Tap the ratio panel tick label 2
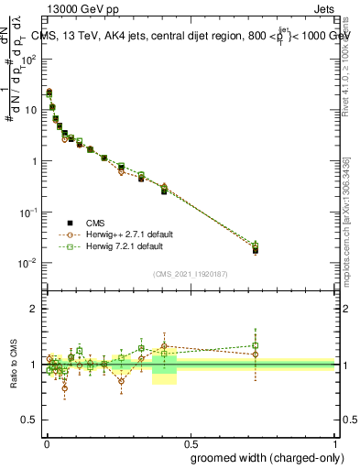35,309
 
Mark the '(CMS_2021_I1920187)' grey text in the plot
190,274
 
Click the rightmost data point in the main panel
256,247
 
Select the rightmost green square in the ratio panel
256,345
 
